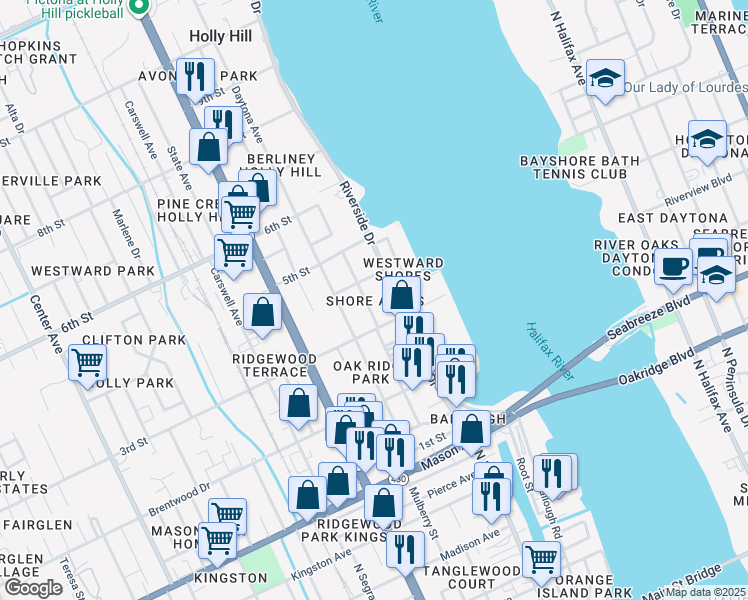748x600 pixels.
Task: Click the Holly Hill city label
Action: coord(218,36)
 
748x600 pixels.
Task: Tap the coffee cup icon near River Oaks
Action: coord(673,265)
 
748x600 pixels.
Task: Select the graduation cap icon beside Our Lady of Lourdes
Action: coord(604,79)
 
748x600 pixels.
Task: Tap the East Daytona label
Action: coord(672,218)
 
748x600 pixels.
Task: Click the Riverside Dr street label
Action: coord(355,213)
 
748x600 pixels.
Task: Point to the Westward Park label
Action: coord(92,271)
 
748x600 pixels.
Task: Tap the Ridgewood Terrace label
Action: coord(274,365)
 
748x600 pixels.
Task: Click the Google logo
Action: coord(33,587)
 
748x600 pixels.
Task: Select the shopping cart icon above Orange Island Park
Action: coord(541,559)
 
